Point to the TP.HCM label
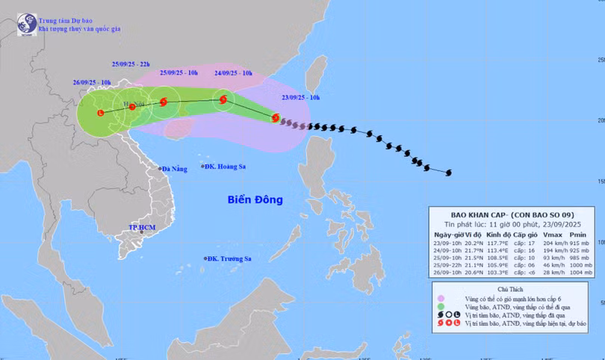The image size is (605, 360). click(140, 227)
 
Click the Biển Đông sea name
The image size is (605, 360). click(256, 199)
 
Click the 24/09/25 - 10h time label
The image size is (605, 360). click(237, 73)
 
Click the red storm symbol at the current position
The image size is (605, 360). click(276, 118)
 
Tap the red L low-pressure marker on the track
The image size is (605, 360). click(101, 113)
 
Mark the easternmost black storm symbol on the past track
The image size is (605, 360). click(448, 173)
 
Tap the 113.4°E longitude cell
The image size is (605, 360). click(497, 252)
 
